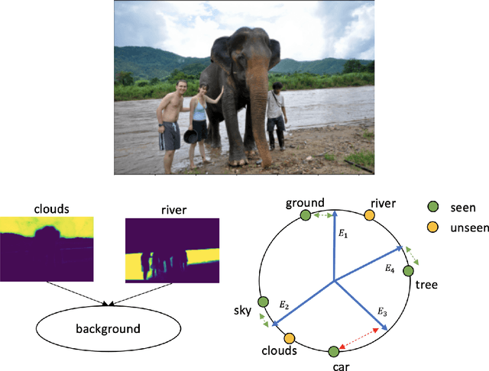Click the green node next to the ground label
tap(305, 216)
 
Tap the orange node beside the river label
tap(369, 217)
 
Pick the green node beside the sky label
tap(264, 303)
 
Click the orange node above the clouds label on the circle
tap(289, 338)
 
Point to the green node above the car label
tap(334, 351)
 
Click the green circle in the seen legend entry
tap(432, 207)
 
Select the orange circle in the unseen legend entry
tap(432, 227)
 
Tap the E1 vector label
tap(342, 233)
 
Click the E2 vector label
tap(283, 305)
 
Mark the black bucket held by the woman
tap(190, 138)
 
